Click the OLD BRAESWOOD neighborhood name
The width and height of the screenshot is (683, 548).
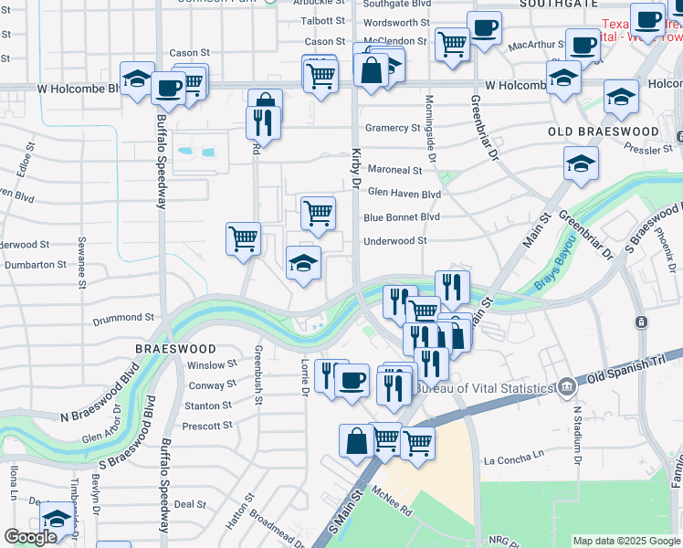[603, 132]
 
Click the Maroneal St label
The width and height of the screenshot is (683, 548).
[394, 170]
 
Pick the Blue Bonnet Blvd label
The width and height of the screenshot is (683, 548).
[402, 217]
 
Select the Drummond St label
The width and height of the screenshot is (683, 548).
[124, 318]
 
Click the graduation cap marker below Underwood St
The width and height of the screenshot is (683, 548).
[304, 264]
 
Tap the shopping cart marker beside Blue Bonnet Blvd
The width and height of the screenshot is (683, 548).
[318, 213]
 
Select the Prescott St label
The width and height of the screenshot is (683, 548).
[207, 426]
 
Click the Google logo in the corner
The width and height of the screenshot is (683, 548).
[30, 537]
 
